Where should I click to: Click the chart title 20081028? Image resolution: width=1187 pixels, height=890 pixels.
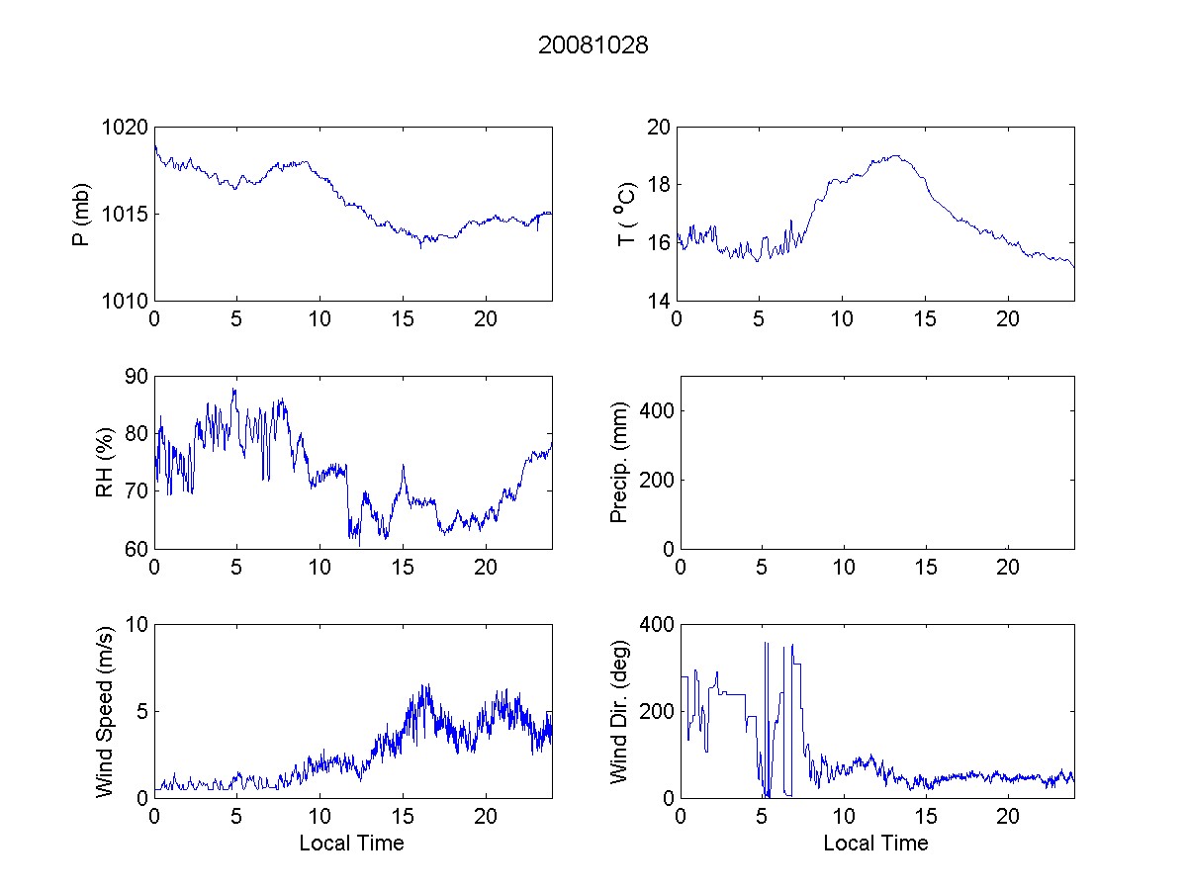pyautogui.click(x=593, y=45)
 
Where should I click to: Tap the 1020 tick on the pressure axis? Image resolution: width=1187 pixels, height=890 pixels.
pyautogui.click(x=126, y=128)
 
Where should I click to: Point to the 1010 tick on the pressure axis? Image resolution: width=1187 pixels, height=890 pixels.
pyautogui.click(x=126, y=301)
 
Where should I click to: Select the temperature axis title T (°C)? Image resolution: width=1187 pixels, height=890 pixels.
pyautogui.click(x=625, y=215)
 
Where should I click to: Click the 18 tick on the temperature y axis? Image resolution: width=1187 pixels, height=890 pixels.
pyautogui.click(x=658, y=185)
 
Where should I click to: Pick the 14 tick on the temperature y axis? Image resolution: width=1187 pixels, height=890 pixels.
pyautogui.click(x=658, y=301)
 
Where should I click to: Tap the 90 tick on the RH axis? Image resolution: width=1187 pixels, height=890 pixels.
pyautogui.click(x=135, y=377)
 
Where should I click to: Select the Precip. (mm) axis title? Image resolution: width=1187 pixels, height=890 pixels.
pyautogui.click(x=620, y=463)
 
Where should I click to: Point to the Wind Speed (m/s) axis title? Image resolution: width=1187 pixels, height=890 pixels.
pyautogui.click(x=105, y=712)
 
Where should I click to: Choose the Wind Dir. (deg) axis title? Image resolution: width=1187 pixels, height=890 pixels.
pyautogui.click(x=620, y=712)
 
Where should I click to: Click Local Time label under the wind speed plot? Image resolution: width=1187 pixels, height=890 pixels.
pyautogui.click(x=351, y=843)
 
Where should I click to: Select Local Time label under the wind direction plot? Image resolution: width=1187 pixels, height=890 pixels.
pyautogui.click(x=875, y=843)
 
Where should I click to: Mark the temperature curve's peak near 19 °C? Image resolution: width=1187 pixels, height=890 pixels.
pyautogui.click(x=895, y=155)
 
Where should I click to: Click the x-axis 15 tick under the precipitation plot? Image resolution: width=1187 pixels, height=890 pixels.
pyautogui.click(x=925, y=568)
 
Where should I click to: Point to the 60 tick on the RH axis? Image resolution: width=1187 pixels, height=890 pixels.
pyautogui.click(x=135, y=549)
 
